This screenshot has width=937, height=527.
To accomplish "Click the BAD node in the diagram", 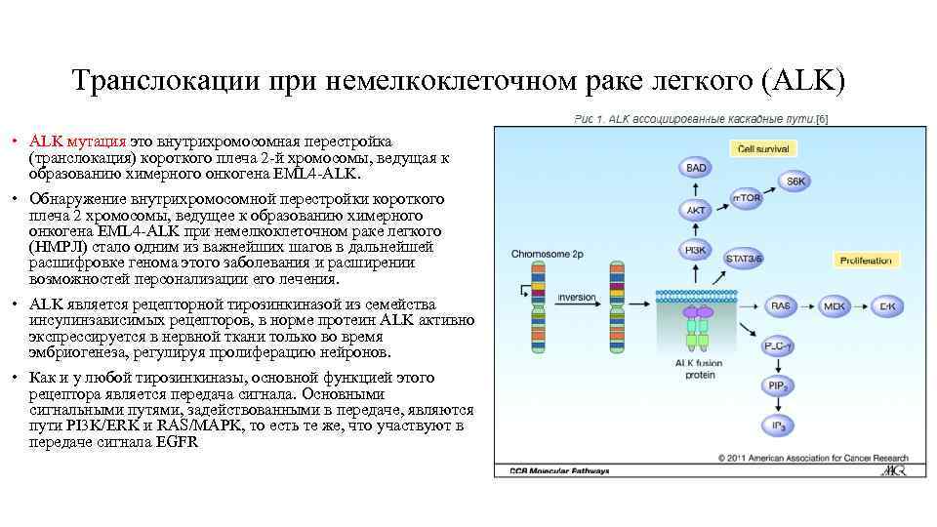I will pyautogui.click(x=695, y=167).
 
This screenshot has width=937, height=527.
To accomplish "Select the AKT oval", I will pyautogui.click(x=695, y=209).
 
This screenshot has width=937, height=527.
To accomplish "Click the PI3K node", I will pyautogui.click(x=695, y=250).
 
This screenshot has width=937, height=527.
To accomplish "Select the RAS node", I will pyautogui.click(x=780, y=305).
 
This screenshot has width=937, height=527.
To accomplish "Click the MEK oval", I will pyautogui.click(x=835, y=305).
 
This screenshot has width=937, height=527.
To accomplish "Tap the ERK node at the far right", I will pyautogui.click(x=887, y=305).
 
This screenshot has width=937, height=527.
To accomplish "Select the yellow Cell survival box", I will pyautogui.click(x=764, y=149).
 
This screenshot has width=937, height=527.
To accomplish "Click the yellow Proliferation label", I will pyautogui.click(x=866, y=261).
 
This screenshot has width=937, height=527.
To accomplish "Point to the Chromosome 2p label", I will pyautogui.click(x=546, y=254).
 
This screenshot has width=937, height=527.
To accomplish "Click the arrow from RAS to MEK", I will pyautogui.click(x=807, y=305).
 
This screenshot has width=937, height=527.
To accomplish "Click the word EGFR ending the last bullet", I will pyautogui.click(x=176, y=441).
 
